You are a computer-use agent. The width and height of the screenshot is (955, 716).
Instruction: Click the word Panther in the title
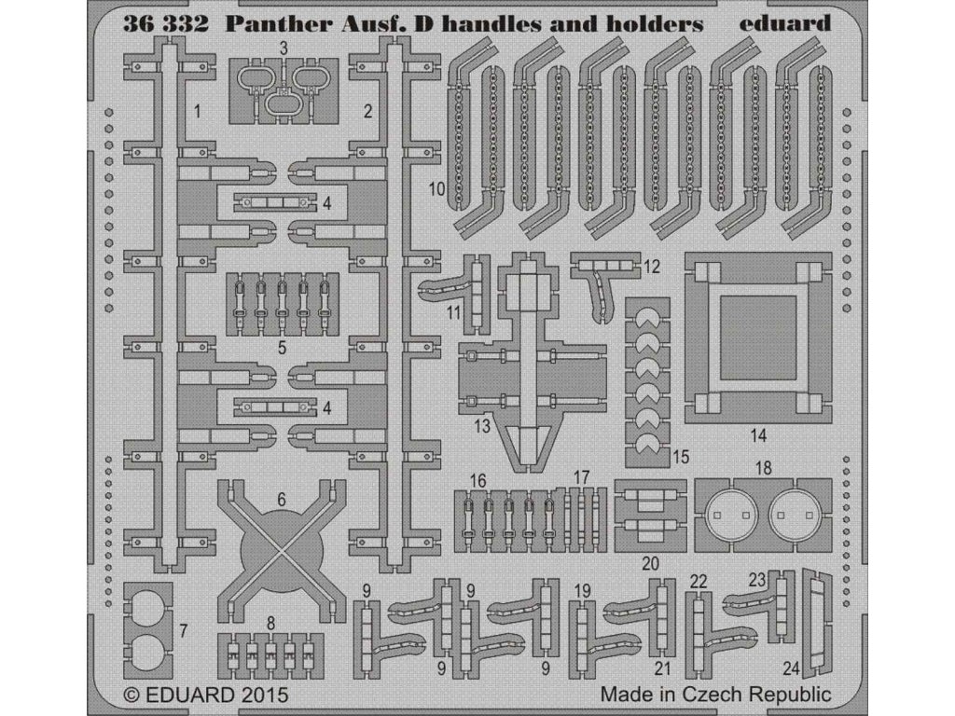pos(270,26)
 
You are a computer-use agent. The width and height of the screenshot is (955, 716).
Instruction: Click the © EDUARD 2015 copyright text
pos(206,695)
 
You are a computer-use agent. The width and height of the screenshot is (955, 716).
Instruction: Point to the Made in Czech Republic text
pos(715,695)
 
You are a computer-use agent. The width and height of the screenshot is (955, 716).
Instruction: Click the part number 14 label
pos(758,434)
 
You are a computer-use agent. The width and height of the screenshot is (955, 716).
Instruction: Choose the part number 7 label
pos(184,631)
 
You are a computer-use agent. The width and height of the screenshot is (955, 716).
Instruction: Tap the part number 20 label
pos(650,564)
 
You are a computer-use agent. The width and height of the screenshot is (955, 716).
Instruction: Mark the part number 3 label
pos(283,47)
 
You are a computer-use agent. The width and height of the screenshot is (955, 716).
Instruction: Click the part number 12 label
pos(652,267)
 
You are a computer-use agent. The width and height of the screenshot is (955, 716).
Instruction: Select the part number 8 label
pos(270,622)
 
